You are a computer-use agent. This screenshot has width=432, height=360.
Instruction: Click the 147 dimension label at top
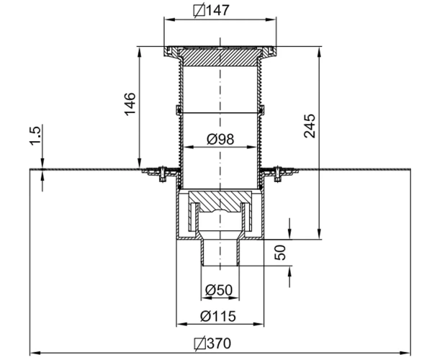pos(217,11)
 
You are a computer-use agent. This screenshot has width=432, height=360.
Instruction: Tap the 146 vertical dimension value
pos(130,104)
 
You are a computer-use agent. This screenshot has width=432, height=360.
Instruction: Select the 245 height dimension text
pos(310,126)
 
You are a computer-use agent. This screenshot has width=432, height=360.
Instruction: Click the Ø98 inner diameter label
pos(220,139)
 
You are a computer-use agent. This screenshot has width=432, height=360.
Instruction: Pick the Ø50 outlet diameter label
pos(219,289)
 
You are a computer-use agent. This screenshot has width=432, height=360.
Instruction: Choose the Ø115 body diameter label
pos(218,316)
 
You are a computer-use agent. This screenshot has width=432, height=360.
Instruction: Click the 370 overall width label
pos(219,343)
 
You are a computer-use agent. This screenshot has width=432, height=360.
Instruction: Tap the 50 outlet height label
pos(280,253)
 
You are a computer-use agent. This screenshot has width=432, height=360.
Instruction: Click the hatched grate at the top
pos(220,57)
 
